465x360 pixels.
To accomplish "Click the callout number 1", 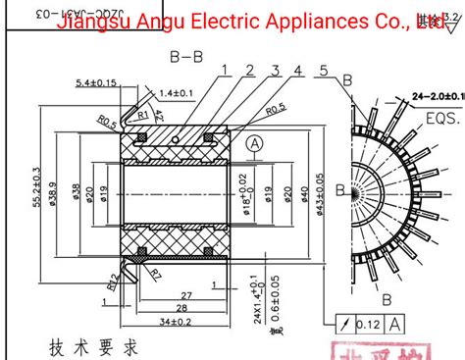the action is pyautogui.click(x=224, y=69).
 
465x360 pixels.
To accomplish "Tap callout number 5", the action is pyautogui.click(x=323, y=69).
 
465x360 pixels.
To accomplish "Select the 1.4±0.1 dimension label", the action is pyautogui.click(x=178, y=92).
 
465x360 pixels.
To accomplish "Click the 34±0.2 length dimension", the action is pyautogui.click(x=176, y=320).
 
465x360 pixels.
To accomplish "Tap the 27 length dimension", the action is pyautogui.click(x=185, y=294).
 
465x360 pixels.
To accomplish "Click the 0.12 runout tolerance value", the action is pyautogui.click(x=369, y=323).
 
